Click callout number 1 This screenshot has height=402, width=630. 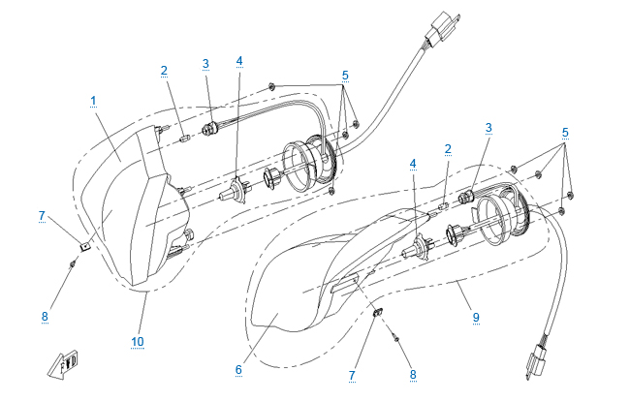pos(93,100)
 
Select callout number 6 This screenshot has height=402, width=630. pos(238,368)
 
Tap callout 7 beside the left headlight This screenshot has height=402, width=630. pos(42,215)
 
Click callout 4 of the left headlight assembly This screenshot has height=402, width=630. pos(239,60)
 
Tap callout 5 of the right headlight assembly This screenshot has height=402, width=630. pos(565,132)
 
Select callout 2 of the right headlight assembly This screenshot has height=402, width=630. pos(448,149)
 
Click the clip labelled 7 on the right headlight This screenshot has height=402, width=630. pos(377,311)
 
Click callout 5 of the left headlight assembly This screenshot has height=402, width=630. pos(345,74)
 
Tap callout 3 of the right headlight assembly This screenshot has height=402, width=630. pos(488,127)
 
